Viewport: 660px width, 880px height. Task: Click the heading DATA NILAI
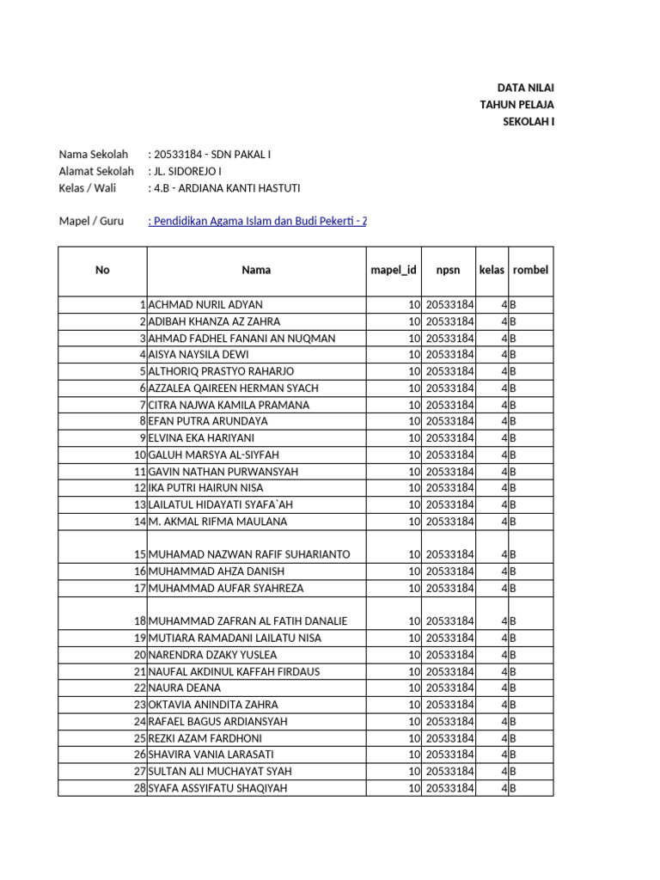coord(526,88)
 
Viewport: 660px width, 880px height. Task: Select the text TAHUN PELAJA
coord(516,105)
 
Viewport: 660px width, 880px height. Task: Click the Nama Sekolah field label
coord(93,155)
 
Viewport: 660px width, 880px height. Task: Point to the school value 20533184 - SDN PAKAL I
coord(211,155)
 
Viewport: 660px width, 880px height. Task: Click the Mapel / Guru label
coord(91,222)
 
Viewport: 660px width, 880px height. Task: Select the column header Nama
coord(256,270)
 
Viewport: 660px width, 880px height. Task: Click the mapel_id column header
coord(393,270)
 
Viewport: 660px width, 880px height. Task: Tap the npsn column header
coord(449,270)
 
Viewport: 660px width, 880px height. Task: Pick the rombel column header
coord(530,270)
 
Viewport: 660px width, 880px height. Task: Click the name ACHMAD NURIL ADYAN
coord(205,305)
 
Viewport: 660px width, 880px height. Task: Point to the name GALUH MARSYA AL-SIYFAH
coord(214,455)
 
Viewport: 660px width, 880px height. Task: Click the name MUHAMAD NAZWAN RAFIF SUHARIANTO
coord(249,554)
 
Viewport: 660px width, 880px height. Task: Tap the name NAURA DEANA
coord(185,688)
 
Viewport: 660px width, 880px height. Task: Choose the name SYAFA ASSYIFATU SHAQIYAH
coord(217,788)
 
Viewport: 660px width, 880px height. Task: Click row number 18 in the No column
coord(139,621)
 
